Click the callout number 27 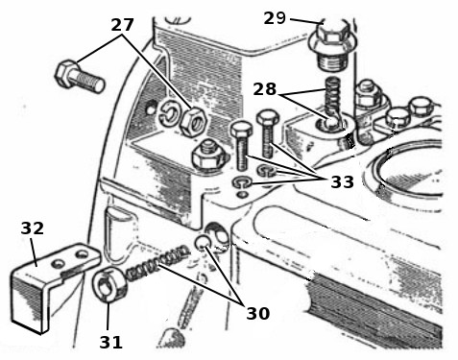[122, 25]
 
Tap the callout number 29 [275, 18]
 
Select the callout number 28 [264, 89]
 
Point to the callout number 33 [342, 182]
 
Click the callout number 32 [32, 228]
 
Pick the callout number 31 [110, 342]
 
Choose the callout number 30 [258, 313]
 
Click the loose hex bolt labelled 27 [80, 76]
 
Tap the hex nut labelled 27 [194, 121]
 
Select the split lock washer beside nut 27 [170, 114]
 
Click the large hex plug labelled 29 [332, 45]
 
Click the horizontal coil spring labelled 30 [157, 262]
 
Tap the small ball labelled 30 [203, 242]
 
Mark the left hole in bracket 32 [59, 264]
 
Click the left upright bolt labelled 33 [242, 148]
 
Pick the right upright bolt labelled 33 [268, 133]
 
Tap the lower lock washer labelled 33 [242, 182]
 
